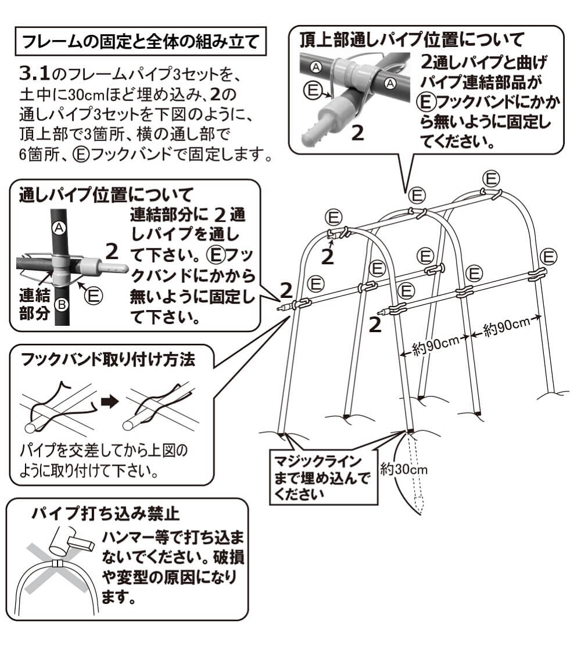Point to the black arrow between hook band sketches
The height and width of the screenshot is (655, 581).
click(109, 401)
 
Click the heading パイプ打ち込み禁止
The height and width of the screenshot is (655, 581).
click(106, 513)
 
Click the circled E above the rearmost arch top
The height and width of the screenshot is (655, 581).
click(492, 177)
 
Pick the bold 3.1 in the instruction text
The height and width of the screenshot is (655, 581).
click(34, 75)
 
